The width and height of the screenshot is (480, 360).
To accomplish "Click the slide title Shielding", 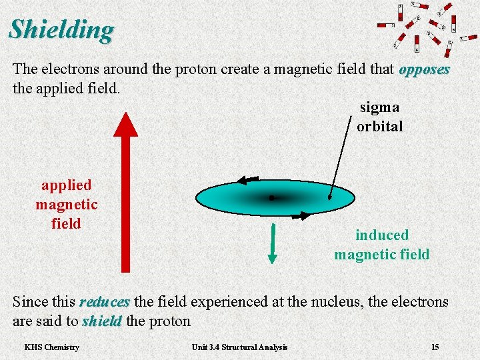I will click(61, 29).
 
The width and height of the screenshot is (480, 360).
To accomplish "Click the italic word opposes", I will click(425, 69).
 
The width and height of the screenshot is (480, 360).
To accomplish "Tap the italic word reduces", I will click(104, 302).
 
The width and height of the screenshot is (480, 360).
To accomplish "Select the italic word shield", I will click(102, 321).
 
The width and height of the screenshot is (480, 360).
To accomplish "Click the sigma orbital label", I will click(379, 117).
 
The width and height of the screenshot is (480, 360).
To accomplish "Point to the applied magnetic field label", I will click(66, 204).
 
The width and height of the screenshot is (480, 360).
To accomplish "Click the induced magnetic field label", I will click(381, 245).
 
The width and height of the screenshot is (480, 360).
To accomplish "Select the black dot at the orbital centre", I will click(272, 198).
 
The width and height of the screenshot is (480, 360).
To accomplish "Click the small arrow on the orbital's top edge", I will click(249, 179).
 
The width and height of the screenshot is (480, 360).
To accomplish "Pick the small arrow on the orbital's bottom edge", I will click(300, 215).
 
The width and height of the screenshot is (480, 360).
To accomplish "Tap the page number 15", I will click(435, 347).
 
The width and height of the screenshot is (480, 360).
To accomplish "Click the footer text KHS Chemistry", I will click(51, 347).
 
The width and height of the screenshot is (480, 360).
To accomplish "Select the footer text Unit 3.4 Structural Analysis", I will click(239, 347).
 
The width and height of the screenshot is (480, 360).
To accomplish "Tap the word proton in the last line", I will click(171, 321).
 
